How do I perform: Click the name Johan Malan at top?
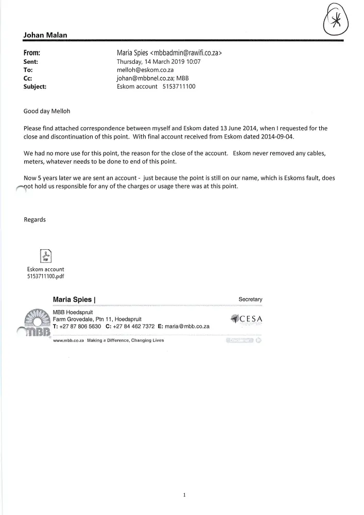coord(45,35)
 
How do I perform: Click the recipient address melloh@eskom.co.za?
coord(145,70)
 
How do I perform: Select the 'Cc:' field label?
coord(28,78)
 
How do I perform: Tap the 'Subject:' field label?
coord(35,87)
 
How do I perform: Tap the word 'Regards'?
coord(34,219)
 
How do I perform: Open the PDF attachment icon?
coord(45,255)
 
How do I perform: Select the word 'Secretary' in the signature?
coord(250,299)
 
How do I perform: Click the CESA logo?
coord(247,318)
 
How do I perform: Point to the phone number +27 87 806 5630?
coord(80,327)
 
